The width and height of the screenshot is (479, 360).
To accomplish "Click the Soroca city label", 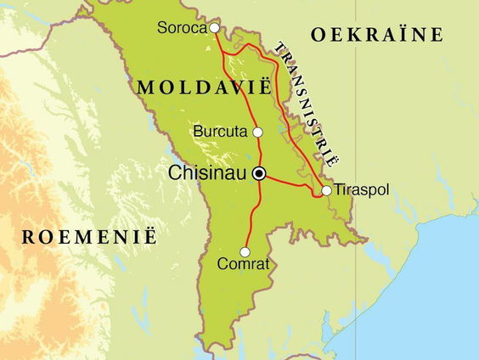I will point(183,28).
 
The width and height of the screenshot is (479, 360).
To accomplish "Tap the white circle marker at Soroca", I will point(215,28).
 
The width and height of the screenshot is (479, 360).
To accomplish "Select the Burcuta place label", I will point(220,132).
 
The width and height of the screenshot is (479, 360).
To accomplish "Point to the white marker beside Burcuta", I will point(258,132).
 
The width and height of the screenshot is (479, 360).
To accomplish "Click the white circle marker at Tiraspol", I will point(326,190).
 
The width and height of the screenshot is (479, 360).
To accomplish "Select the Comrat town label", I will point(244,264).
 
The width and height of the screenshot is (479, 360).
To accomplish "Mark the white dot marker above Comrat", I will point(245,251).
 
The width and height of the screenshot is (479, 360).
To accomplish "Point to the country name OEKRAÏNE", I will point(377,35).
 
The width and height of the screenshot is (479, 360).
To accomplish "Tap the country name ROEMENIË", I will point(89,237).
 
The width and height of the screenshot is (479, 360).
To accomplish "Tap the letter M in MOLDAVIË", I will point(143,87).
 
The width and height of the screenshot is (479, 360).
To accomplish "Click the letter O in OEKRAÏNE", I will point(318,35).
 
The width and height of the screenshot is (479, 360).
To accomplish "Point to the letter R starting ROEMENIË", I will point(27,237).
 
